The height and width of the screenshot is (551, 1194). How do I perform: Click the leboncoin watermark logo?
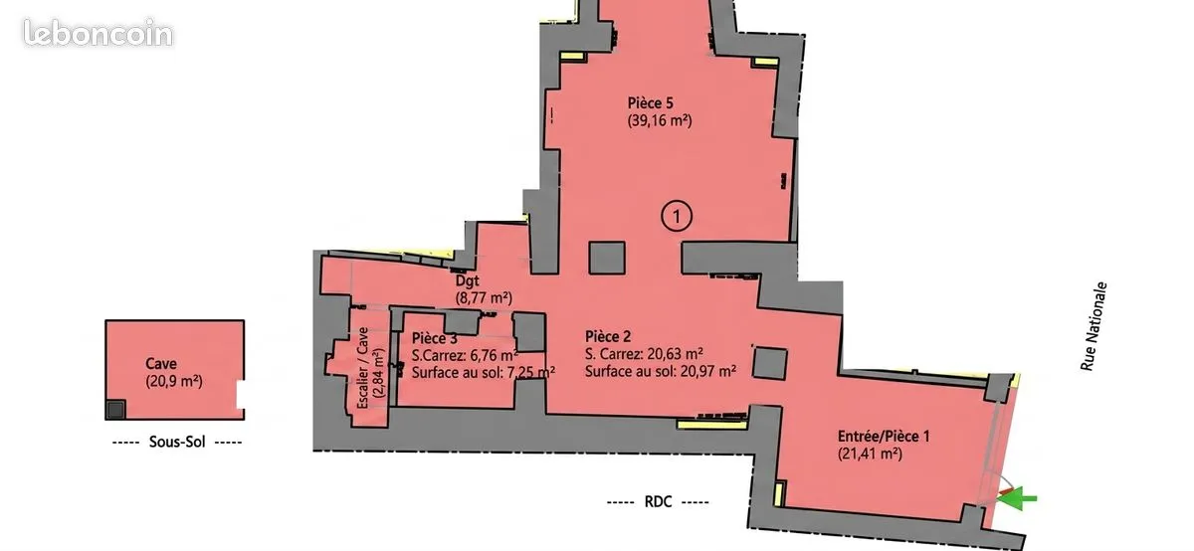coord(99,33)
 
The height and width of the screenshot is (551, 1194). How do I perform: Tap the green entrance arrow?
coord(1017,498)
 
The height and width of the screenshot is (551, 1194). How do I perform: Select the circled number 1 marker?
coord(677,217)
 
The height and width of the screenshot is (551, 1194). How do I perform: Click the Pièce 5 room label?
coord(650,102)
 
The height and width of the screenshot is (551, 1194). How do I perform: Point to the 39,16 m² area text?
coord(660,120)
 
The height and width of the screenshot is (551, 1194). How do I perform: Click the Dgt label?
coord(467,280)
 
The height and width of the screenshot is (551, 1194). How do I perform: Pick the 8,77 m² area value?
coord(484,297)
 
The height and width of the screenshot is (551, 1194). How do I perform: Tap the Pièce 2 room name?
coord(608,337)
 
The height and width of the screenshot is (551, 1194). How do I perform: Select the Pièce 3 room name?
coord(435,338)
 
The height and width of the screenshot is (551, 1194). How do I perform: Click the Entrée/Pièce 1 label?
coord(884,437)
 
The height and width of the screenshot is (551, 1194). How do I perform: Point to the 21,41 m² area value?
coord(870,454)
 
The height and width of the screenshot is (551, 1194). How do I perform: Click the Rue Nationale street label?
coord(1094,326)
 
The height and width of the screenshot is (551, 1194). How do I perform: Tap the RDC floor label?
coord(658,502)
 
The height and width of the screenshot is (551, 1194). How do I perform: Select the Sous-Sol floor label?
coord(177,442)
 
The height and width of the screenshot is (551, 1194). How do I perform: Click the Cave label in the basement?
coord(161,363)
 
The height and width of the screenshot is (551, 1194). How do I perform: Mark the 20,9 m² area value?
coord(174,382)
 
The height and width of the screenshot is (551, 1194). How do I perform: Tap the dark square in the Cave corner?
coord(115,409)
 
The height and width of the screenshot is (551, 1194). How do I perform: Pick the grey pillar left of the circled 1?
coord(607,258)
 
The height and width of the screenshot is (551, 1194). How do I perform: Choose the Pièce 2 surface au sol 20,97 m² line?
coord(661,371)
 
